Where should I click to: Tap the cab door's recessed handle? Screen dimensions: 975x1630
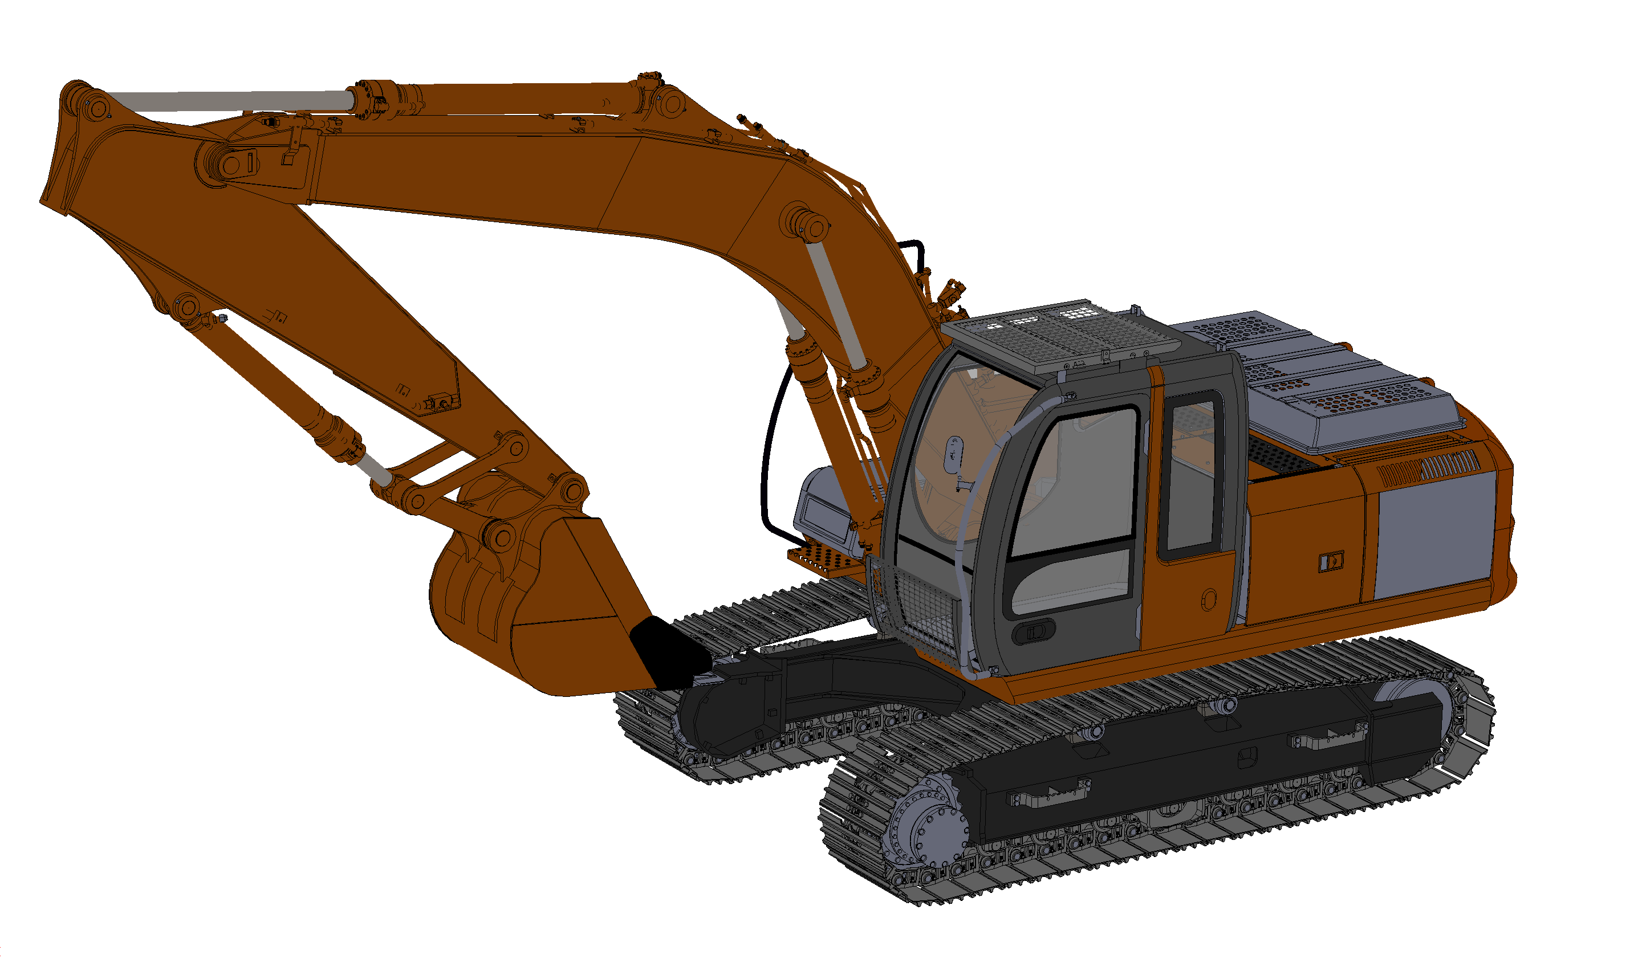1034,631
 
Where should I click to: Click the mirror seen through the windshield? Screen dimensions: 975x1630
954,454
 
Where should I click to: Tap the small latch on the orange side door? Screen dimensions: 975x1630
1331,562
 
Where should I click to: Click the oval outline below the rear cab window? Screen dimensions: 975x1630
1209,599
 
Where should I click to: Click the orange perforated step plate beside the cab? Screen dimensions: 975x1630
825,562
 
